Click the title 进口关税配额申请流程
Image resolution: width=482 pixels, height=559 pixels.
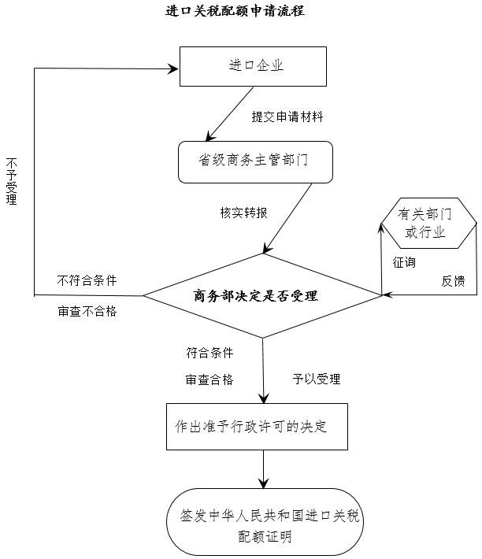coord(235,11)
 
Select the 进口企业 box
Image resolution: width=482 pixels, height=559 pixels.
coord(253,66)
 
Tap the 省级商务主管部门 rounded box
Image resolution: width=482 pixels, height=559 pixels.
coord(255,162)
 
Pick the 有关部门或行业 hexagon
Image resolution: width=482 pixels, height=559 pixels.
coord(428,223)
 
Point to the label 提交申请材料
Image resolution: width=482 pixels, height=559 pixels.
coord(287,117)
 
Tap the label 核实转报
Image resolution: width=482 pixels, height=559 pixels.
coord(243,213)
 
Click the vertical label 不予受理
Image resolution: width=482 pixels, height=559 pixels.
coord(11,181)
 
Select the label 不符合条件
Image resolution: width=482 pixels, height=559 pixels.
coord(87,280)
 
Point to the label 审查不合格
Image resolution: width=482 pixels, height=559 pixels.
coord(87,311)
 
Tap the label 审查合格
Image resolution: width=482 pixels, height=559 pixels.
coord(209,379)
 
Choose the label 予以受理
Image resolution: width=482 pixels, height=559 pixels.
coord(317,379)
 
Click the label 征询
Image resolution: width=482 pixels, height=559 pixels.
coord(404,262)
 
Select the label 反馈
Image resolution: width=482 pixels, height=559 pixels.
coord(453,280)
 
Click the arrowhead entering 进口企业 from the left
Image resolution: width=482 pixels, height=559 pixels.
coord(174,68)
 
